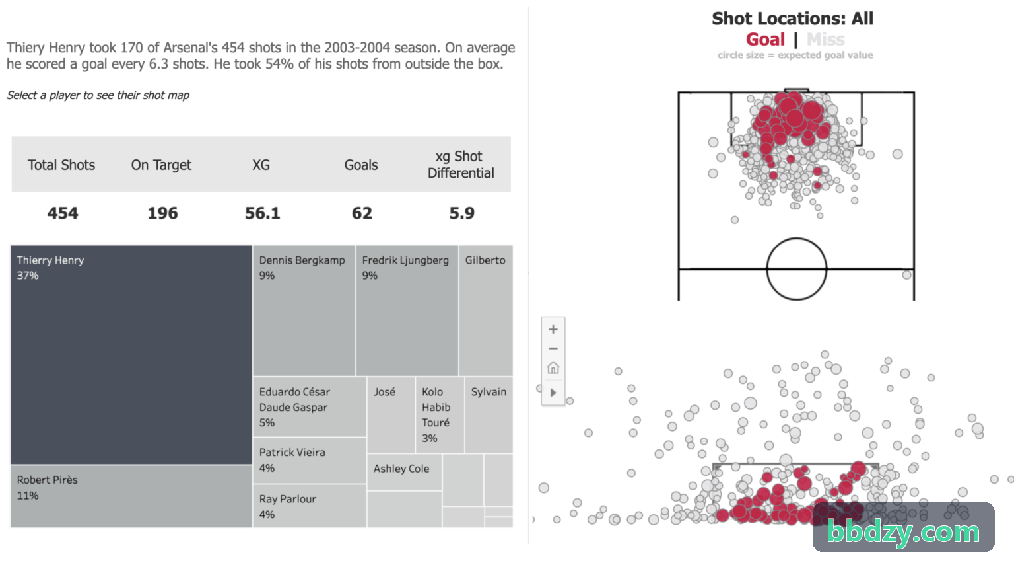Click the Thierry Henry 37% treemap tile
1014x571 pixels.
pos(131,355)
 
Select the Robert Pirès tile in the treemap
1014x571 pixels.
pos(131,496)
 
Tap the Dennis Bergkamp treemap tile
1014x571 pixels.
pos(304,311)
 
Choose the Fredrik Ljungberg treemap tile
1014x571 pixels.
pos(407,311)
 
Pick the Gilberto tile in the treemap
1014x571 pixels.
pos(486,311)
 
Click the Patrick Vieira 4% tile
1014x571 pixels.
pos(310,461)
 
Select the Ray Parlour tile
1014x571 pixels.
pos(310,506)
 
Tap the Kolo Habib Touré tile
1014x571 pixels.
pos(440,414)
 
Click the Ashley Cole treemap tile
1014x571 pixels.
pos(404,472)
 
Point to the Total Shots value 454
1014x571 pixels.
pos(63,213)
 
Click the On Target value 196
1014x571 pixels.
pos(162,213)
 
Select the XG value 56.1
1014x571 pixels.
pos(263,213)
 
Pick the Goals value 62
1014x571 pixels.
pos(362,213)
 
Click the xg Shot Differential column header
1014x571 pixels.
pos(461,165)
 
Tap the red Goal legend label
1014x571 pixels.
pos(765,40)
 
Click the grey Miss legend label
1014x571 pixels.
pos(826,40)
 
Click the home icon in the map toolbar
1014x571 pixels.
pos(553,367)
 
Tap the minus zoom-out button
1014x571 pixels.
pos(553,348)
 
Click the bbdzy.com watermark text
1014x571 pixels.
pos(903,531)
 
